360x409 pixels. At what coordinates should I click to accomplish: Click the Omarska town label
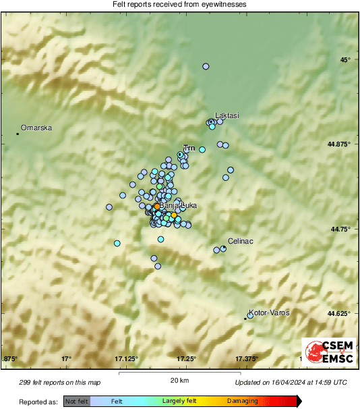(x=36, y=128)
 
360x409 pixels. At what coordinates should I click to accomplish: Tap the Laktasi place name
(x=227, y=116)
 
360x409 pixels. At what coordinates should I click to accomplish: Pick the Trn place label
(x=189, y=147)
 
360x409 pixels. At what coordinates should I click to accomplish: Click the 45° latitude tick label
(x=345, y=60)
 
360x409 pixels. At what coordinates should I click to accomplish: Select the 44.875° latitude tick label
(x=338, y=144)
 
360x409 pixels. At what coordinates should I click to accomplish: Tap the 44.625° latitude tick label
(x=338, y=313)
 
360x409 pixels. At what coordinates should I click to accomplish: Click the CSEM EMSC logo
(x=328, y=352)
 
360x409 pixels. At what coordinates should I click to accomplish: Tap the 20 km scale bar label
(x=179, y=381)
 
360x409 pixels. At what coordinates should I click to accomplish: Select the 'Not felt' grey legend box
(x=77, y=402)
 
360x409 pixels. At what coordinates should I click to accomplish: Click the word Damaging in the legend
(x=241, y=402)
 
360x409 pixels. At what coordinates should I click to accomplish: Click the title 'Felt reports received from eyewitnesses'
(x=179, y=5)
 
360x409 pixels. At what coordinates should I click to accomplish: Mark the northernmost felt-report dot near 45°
(x=206, y=66)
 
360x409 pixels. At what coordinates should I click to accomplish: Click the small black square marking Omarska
(x=18, y=134)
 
